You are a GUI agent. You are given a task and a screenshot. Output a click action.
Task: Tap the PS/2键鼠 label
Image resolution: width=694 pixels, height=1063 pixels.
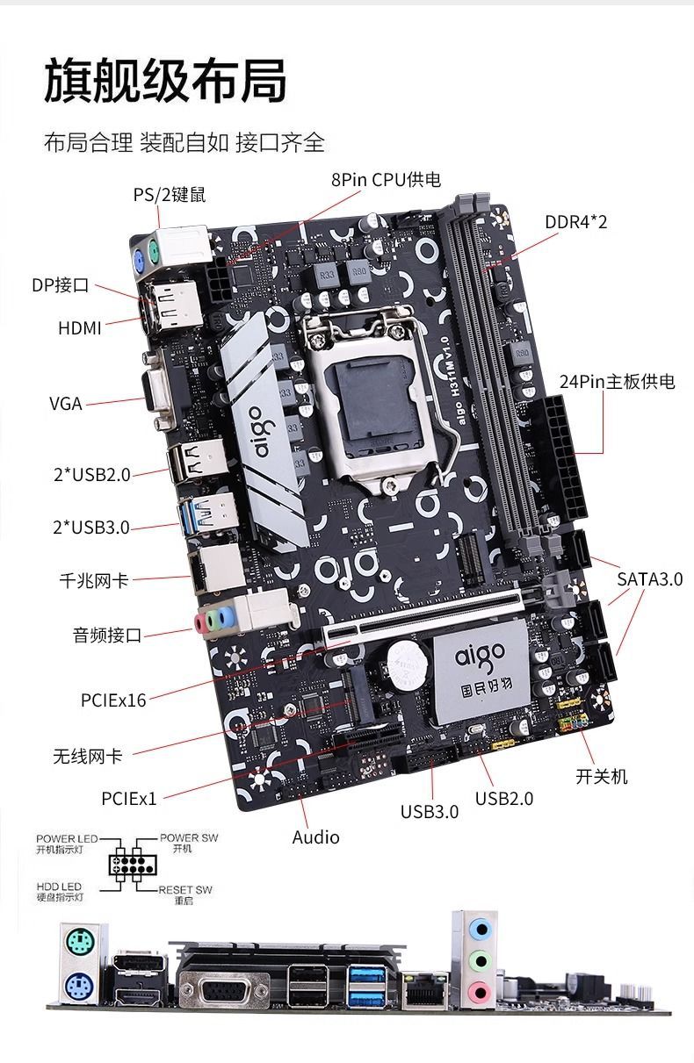pyautogui.click(x=170, y=195)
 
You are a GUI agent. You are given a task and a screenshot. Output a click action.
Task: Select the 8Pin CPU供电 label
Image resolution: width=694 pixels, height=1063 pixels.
pyautogui.click(x=386, y=180)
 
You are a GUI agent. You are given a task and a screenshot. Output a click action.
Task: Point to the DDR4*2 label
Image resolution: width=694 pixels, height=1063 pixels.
pyautogui.click(x=575, y=221)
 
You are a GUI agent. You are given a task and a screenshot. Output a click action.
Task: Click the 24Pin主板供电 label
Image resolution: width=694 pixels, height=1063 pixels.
pyautogui.click(x=617, y=382)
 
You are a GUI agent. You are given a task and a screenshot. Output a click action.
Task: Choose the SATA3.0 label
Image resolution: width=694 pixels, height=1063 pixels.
pyautogui.click(x=649, y=578)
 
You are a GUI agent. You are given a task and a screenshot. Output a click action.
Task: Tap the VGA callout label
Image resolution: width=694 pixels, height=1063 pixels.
pyautogui.click(x=66, y=404)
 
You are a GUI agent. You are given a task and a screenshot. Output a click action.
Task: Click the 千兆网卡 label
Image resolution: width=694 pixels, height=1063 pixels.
pyautogui.click(x=94, y=580)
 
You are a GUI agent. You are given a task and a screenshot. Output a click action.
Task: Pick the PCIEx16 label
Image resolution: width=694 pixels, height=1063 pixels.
pyautogui.click(x=113, y=700)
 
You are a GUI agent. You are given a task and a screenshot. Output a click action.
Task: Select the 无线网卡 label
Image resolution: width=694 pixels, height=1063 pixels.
pyautogui.click(x=88, y=756)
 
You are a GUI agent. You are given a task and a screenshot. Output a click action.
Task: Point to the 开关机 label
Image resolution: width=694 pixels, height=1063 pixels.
pyautogui.click(x=602, y=776)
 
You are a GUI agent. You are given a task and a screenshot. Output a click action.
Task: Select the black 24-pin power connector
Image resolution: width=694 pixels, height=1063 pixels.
pyautogui.click(x=566, y=456)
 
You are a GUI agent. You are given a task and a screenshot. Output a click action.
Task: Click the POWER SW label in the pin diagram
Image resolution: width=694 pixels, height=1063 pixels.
pyautogui.click(x=189, y=838)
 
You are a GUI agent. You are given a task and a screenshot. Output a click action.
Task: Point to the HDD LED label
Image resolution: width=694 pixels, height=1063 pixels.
pyautogui.click(x=60, y=887)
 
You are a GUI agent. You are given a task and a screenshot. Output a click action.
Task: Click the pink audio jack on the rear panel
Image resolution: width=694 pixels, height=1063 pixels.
pyautogui.click(x=478, y=993)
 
